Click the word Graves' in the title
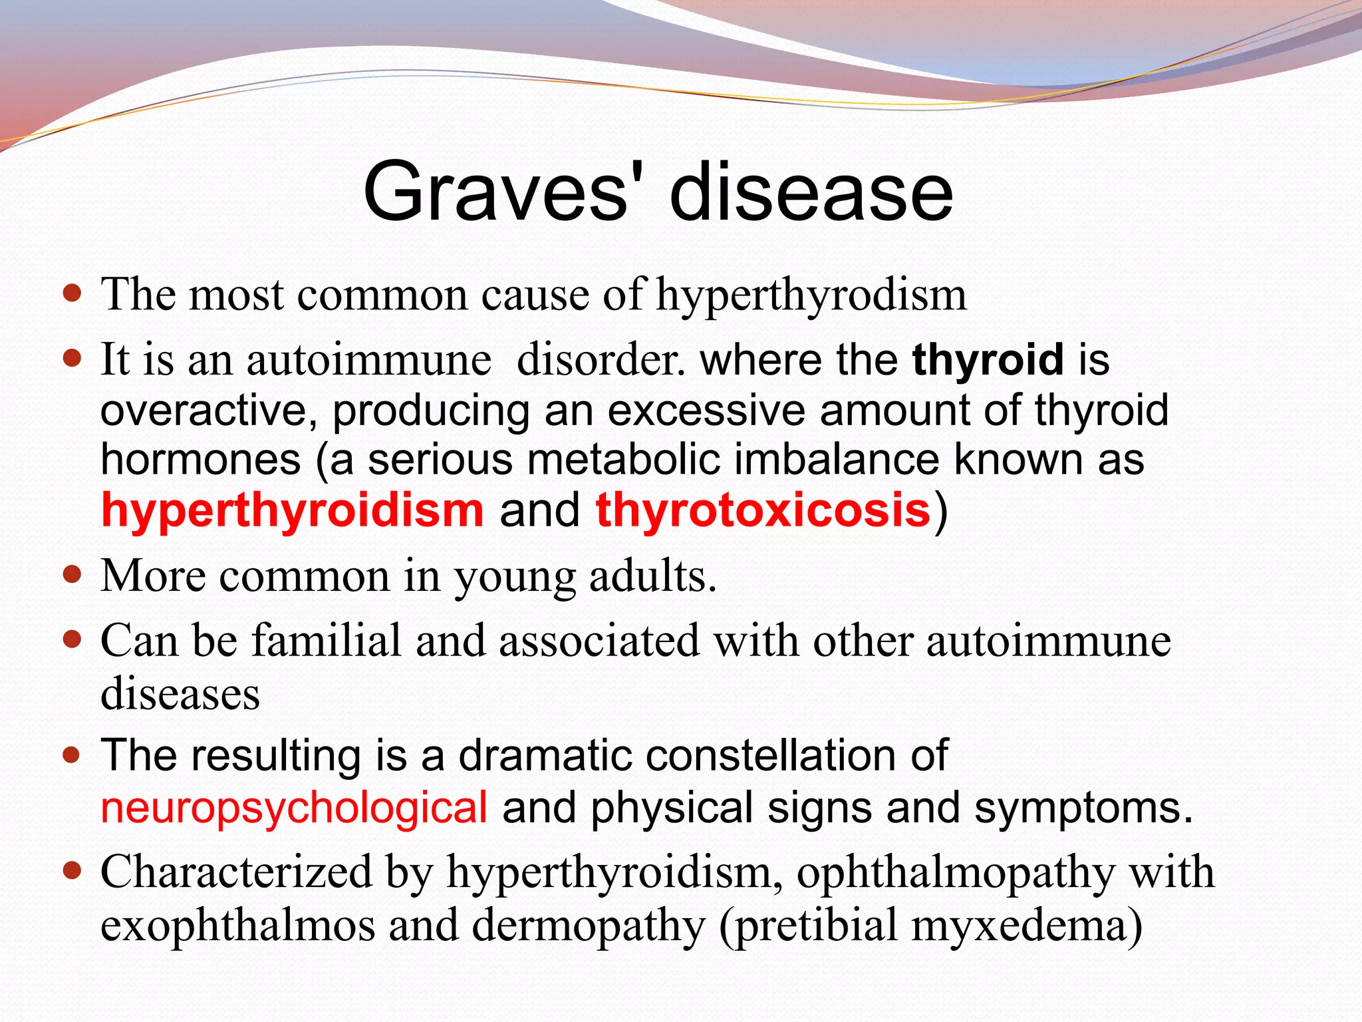coord(495,193)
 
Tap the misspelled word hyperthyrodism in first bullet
coord(811,295)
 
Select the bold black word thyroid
coord(988,360)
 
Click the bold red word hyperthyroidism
coord(292,510)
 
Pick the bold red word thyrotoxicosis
coord(763,510)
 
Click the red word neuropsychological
coord(294,808)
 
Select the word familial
coord(327,641)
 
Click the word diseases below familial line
coord(180,694)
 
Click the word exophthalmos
coord(237,926)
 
